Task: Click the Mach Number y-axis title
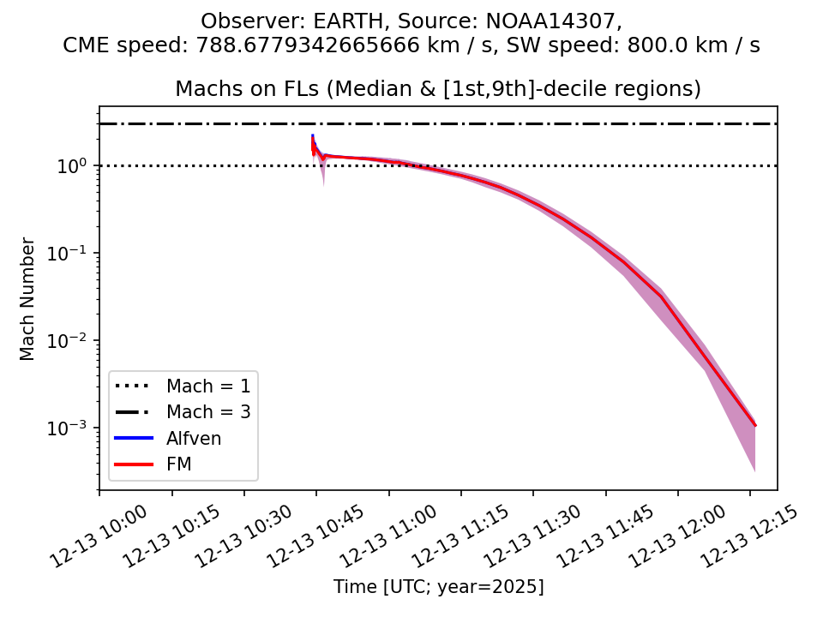coord(28,298)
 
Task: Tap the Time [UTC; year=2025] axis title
coord(438,587)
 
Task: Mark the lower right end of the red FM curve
coord(755,425)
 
